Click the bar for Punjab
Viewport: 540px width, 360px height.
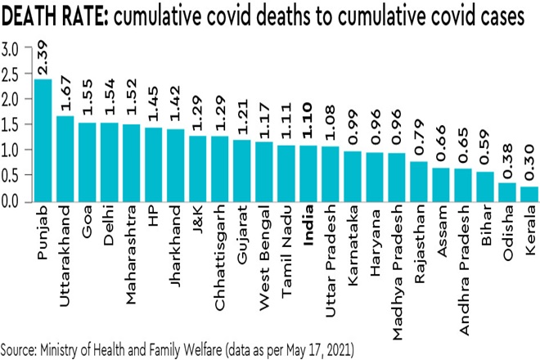[x=43, y=140]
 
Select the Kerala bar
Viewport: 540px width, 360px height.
[x=529, y=193]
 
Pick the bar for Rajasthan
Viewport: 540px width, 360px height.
[x=419, y=181]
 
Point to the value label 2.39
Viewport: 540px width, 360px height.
[x=43, y=59]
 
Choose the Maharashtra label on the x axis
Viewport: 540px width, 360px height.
[x=132, y=250]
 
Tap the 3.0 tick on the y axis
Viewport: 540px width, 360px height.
[x=11, y=49]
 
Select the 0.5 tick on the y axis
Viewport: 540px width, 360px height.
[x=11, y=176]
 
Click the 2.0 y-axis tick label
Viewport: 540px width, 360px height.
[x=11, y=100]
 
